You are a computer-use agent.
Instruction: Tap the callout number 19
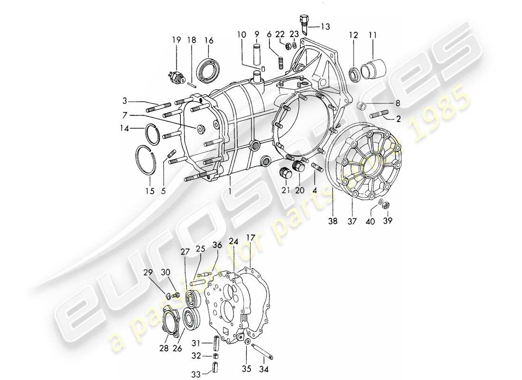click(x=176, y=40)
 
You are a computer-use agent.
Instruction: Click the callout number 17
click(x=250, y=237)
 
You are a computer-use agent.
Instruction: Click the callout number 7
click(x=125, y=115)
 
